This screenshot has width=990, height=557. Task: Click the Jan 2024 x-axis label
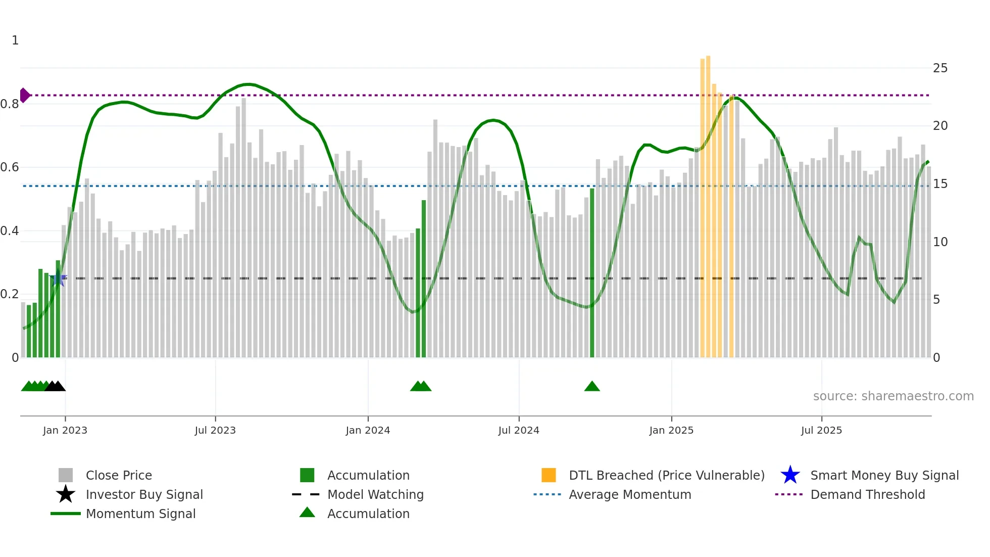pos(368,430)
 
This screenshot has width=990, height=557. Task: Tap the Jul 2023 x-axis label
pos(215,430)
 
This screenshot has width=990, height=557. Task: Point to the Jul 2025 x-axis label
pos(821,430)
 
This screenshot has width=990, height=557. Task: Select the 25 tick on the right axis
pos(940,68)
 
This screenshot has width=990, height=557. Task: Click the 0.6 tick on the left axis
pos(10,167)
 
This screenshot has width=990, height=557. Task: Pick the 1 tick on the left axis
pos(15,40)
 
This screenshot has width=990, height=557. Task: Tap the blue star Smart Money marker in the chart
pos(58,278)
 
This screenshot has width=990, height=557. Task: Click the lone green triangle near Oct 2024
pos(592,387)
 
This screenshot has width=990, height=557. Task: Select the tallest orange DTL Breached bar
pos(708,202)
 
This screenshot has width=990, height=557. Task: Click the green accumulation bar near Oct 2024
pos(592,273)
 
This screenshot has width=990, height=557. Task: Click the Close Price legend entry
pos(119,475)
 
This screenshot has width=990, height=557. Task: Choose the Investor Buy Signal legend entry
pos(144,494)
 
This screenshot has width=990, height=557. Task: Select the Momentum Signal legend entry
pos(140,514)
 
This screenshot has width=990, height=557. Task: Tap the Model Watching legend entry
pos(375,494)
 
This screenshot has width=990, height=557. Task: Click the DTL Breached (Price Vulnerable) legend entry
pos(666,475)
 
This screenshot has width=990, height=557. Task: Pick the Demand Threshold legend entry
pos(867,494)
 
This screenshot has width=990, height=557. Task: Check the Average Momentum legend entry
pos(629,494)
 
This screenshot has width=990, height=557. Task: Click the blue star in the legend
pos(790,475)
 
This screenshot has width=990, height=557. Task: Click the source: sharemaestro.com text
pos(893,396)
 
